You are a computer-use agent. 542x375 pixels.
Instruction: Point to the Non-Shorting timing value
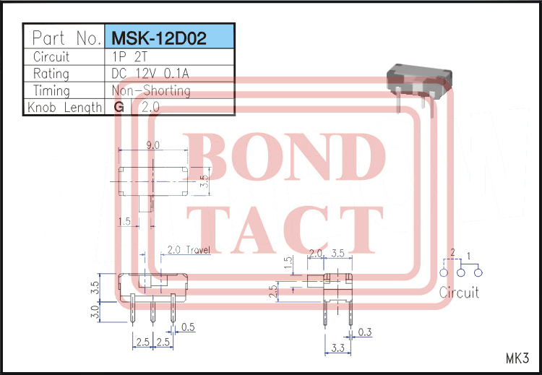tap(151, 91)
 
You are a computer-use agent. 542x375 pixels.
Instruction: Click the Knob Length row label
tap(64, 108)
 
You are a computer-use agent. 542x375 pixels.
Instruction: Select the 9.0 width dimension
tap(152, 145)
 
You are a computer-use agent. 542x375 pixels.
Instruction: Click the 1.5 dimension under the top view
tap(124, 222)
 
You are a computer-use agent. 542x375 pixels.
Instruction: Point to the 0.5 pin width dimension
tap(188, 327)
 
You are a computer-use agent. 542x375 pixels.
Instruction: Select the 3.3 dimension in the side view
tap(336, 349)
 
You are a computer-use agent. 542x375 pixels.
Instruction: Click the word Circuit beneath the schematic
tap(459, 293)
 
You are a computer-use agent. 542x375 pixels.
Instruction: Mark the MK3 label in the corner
tap(517, 358)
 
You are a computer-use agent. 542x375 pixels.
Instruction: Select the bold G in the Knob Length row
tap(119, 108)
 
